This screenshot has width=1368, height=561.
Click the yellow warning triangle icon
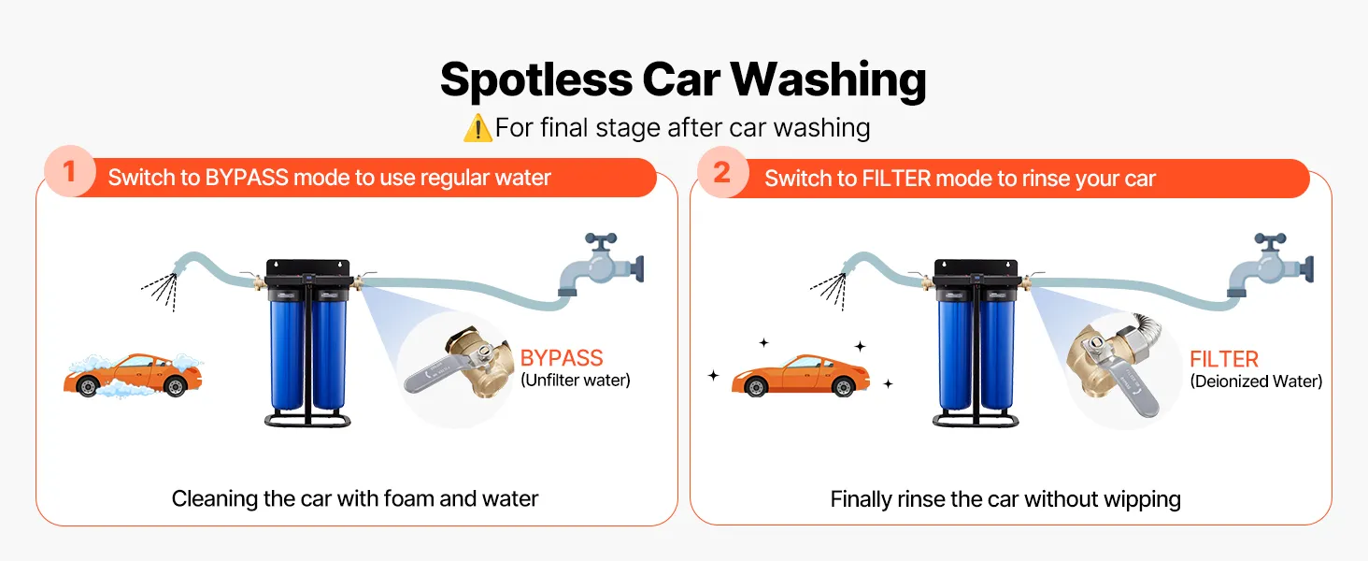477,129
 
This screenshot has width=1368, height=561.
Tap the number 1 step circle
70,171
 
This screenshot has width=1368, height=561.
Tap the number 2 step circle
722,172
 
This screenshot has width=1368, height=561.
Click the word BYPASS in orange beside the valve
562,358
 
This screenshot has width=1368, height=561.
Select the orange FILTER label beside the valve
1224,359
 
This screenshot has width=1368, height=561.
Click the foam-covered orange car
133,375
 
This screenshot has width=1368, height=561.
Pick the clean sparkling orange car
801,375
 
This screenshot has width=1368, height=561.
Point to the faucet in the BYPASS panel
601,265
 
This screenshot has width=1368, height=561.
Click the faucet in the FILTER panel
1270,266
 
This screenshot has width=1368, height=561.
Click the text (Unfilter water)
576,381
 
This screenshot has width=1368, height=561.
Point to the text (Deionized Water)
1256,381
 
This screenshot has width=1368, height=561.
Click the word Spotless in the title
536,79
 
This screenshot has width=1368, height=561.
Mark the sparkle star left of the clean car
713,375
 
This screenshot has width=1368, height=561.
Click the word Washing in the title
828,80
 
